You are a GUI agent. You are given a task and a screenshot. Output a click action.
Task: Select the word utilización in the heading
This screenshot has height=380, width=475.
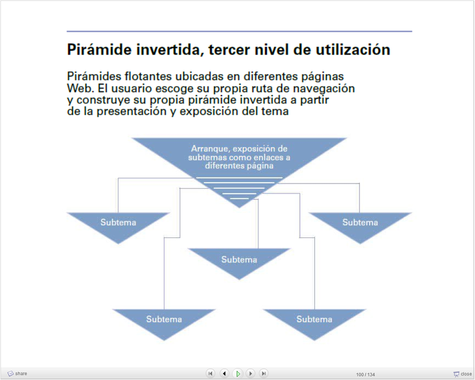tap(353, 50)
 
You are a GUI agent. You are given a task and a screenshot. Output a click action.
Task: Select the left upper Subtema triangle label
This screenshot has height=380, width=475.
tap(118, 222)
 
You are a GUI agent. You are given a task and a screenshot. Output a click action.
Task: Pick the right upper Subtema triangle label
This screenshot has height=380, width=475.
tap(360, 222)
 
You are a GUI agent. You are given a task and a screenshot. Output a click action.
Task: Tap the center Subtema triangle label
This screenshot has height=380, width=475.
tap(239, 260)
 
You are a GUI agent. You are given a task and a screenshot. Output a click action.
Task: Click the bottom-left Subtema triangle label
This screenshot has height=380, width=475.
tap(164, 320)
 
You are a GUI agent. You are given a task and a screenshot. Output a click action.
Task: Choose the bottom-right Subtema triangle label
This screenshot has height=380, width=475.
tap(315, 320)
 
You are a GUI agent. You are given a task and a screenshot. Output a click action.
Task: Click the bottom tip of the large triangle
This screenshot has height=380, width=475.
tap(239, 208)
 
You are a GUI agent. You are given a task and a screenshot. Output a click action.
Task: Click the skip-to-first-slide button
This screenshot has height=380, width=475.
tap(210, 373)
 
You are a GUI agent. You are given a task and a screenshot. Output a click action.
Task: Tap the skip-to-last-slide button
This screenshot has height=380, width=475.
tap(264, 373)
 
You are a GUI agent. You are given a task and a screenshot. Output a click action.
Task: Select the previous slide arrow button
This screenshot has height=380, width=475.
tap(224, 373)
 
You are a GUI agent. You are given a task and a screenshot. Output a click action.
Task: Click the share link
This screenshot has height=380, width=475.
tap(17, 373)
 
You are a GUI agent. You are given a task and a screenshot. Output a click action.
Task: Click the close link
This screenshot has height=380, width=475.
tap(463, 374)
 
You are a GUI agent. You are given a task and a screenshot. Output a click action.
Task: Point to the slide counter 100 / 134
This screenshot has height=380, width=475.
tap(365, 375)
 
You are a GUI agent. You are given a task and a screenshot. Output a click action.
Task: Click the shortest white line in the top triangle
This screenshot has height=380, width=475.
tap(239, 199)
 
